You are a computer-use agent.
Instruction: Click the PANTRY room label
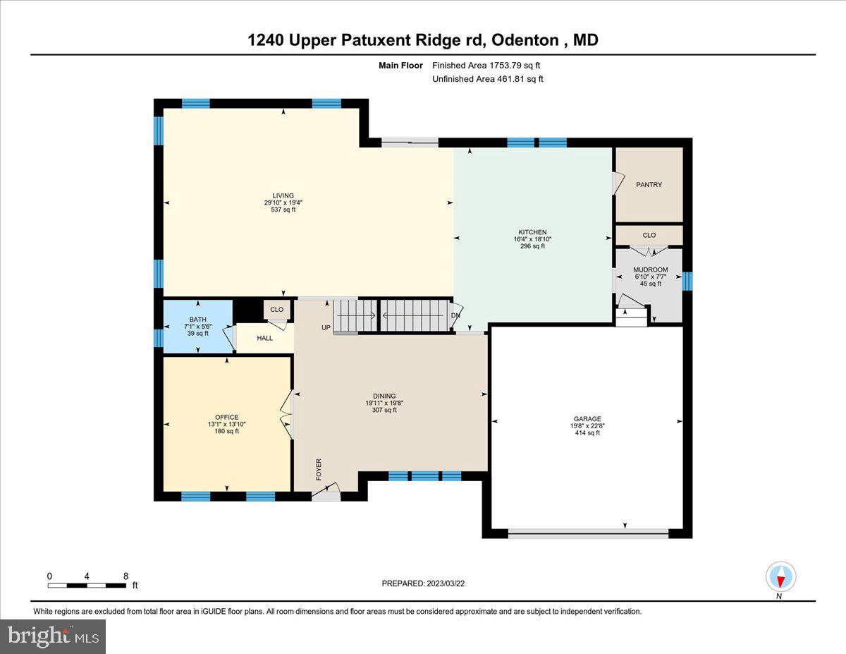[649, 185]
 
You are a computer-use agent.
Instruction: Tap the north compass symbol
[780, 577]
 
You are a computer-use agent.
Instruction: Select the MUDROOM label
[650, 270]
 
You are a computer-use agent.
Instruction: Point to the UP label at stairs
[326, 327]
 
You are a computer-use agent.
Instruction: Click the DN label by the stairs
[455, 316]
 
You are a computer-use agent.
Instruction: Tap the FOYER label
[319, 469]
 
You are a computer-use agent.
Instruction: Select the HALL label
[264, 338]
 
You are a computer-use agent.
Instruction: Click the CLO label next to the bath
[276, 310]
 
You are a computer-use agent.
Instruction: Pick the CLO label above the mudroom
[649, 236]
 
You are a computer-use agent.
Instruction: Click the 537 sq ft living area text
[283, 210]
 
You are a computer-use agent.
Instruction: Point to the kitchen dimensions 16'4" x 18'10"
[532, 239]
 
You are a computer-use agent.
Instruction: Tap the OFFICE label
[227, 417]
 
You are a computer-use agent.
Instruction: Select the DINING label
[384, 396]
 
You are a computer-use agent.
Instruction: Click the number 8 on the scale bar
[125, 576]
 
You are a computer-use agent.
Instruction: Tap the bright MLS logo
[53, 636]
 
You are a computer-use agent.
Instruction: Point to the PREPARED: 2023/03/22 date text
[423, 583]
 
